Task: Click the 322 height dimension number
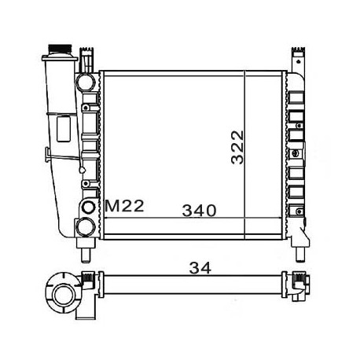click(x=237, y=147)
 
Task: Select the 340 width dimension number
click(x=200, y=211)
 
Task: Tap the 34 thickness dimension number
click(x=200, y=268)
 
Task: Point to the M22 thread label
click(x=124, y=206)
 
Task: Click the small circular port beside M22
click(x=88, y=208)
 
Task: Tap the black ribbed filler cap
click(x=60, y=49)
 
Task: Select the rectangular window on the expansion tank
click(x=64, y=129)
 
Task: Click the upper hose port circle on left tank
click(x=85, y=83)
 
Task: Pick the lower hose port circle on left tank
click(x=85, y=227)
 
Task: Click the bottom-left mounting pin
click(x=86, y=255)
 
